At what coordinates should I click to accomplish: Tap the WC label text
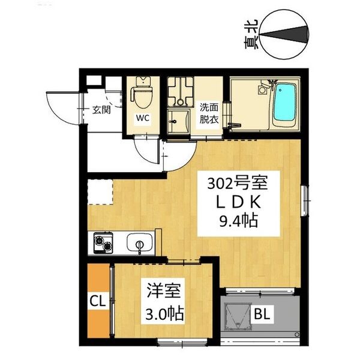[x=142, y=118]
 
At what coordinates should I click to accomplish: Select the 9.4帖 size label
[x=235, y=222]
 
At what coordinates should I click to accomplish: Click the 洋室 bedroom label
[x=160, y=291]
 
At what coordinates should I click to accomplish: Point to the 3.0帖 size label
[x=164, y=313]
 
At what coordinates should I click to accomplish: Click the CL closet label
[x=97, y=300]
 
